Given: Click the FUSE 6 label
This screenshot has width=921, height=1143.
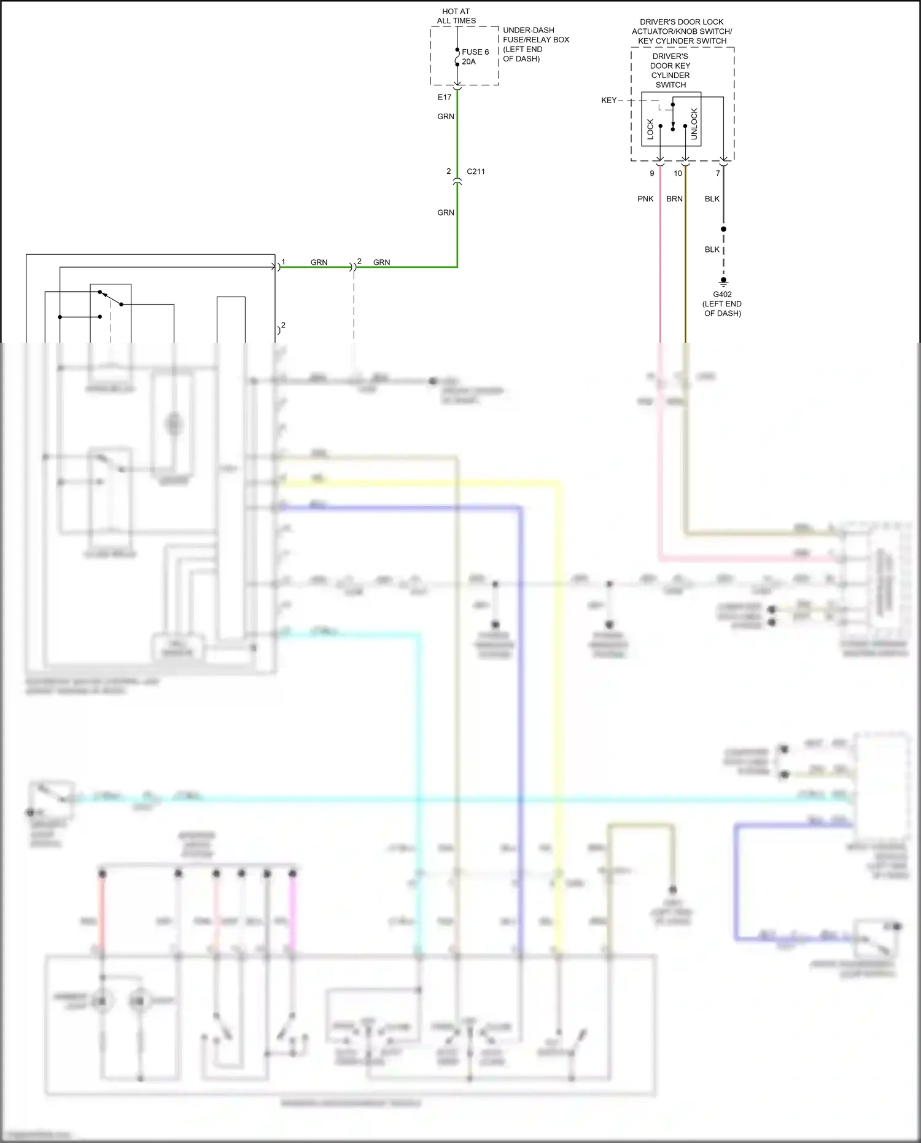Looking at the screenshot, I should (x=475, y=52).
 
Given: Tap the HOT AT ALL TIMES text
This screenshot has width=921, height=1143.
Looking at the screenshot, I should (x=456, y=16).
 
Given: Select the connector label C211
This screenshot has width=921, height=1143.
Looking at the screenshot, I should (x=476, y=171).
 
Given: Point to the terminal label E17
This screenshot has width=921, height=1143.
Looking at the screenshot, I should (x=445, y=97).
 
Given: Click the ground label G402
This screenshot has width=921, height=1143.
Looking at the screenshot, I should (x=722, y=294).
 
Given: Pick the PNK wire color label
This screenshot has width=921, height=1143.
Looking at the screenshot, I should (x=645, y=199).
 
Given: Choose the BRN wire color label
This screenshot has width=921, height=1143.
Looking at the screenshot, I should (x=674, y=199).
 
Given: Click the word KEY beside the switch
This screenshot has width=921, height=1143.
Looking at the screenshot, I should (x=608, y=100).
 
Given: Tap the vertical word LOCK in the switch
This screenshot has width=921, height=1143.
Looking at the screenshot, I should (x=651, y=129).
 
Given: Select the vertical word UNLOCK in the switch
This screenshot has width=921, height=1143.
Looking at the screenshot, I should (x=694, y=124).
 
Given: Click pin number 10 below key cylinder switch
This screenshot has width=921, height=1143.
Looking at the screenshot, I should (x=678, y=173).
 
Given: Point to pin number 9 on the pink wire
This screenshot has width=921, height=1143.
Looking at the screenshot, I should (x=652, y=173).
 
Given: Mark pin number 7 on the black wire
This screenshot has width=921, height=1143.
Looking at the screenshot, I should (x=718, y=173).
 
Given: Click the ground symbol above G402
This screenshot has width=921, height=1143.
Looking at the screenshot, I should (x=723, y=283).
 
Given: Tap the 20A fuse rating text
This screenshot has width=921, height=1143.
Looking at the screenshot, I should (x=468, y=61).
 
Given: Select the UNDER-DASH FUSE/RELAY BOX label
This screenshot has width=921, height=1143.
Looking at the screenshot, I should (x=535, y=44).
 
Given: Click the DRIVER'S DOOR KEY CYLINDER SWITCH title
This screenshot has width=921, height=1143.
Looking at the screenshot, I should (x=670, y=71).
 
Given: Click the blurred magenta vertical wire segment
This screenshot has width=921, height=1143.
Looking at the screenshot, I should (x=293, y=915).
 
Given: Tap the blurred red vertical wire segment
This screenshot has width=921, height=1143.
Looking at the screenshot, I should (x=103, y=915).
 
